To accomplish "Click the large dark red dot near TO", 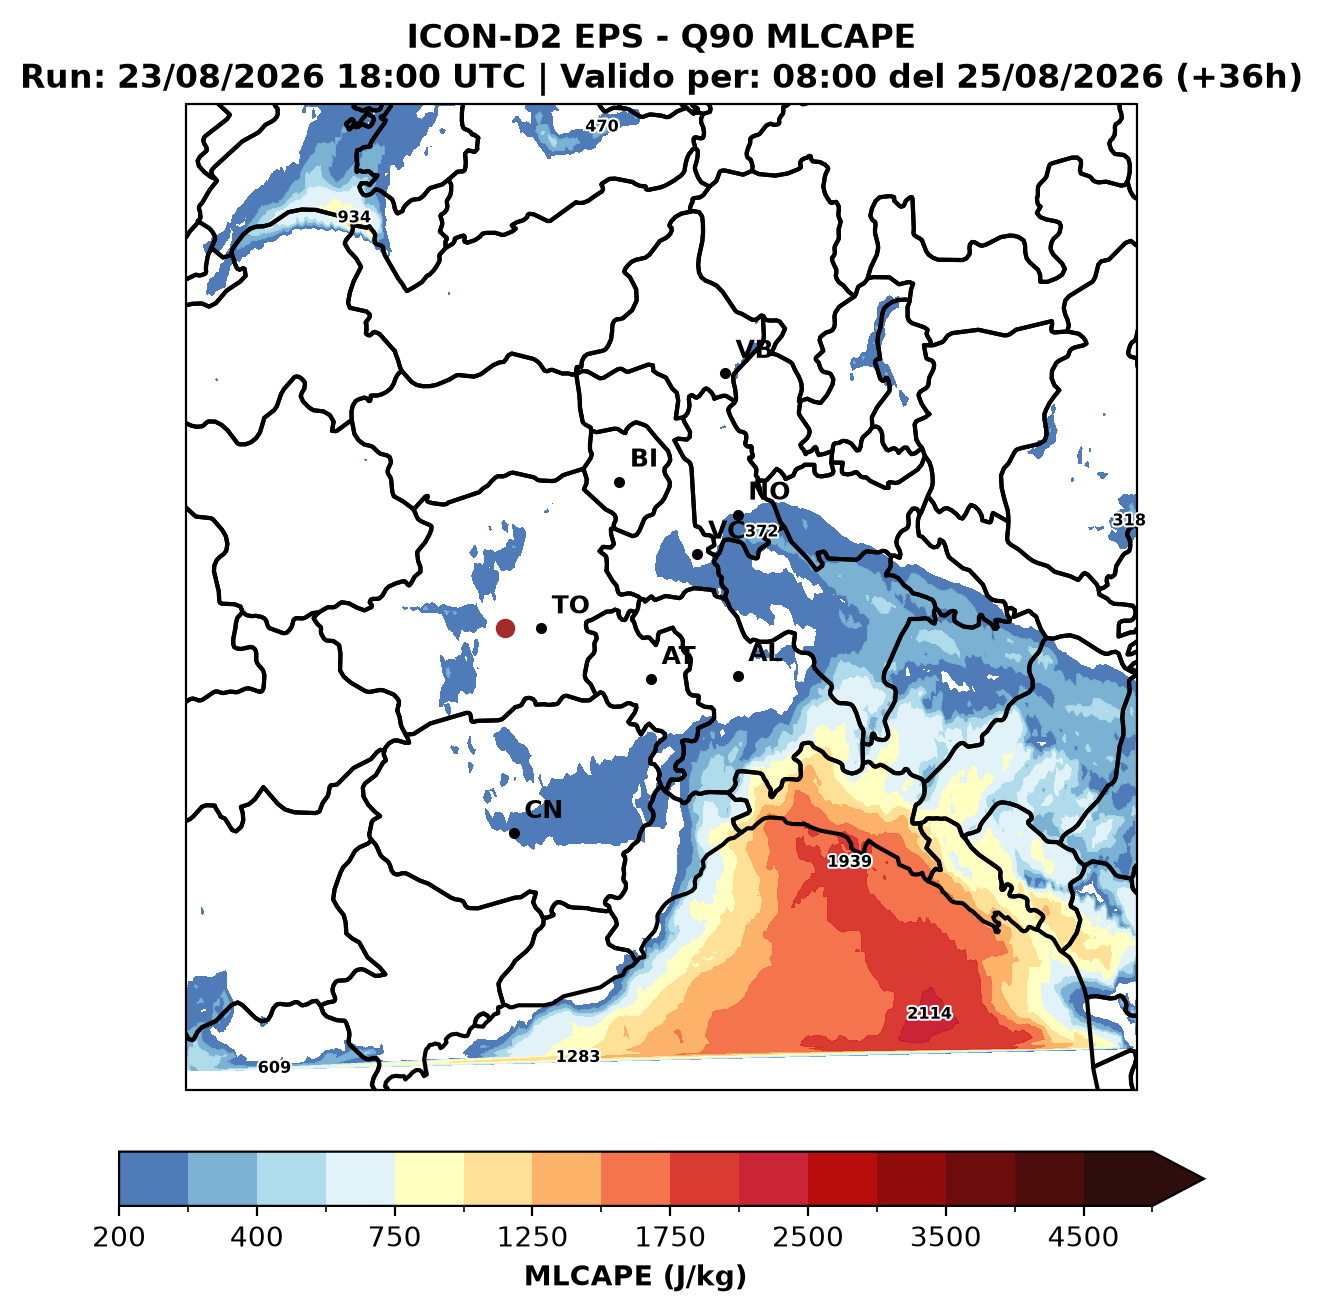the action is [x=505, y=628].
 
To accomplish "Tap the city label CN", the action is [x=543, y=810].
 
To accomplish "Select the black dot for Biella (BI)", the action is [x=619, y=482].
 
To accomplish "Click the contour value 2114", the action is [x=929, y=1013].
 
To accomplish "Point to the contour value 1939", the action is [x=849, y=861].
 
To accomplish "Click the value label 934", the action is [x=354, y=217].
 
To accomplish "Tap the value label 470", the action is [x=601, y=126].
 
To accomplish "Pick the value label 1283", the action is [x=577, y=1056].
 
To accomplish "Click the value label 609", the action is [x=274, y=1067].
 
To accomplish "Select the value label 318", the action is [x=1129, y=520].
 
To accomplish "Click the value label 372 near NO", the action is [x=761, y=531].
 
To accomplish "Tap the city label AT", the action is [x=678, y=656].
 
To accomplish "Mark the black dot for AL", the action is [x=738, y=676].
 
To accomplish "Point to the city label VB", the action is [x=755, y=349].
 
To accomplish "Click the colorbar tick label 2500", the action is [x=807, y=1237].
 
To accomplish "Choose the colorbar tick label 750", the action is [x=394, y=1237].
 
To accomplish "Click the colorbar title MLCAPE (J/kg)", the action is [x=635, y=1276].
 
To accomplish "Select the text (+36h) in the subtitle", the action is [x=1239, y=76].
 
